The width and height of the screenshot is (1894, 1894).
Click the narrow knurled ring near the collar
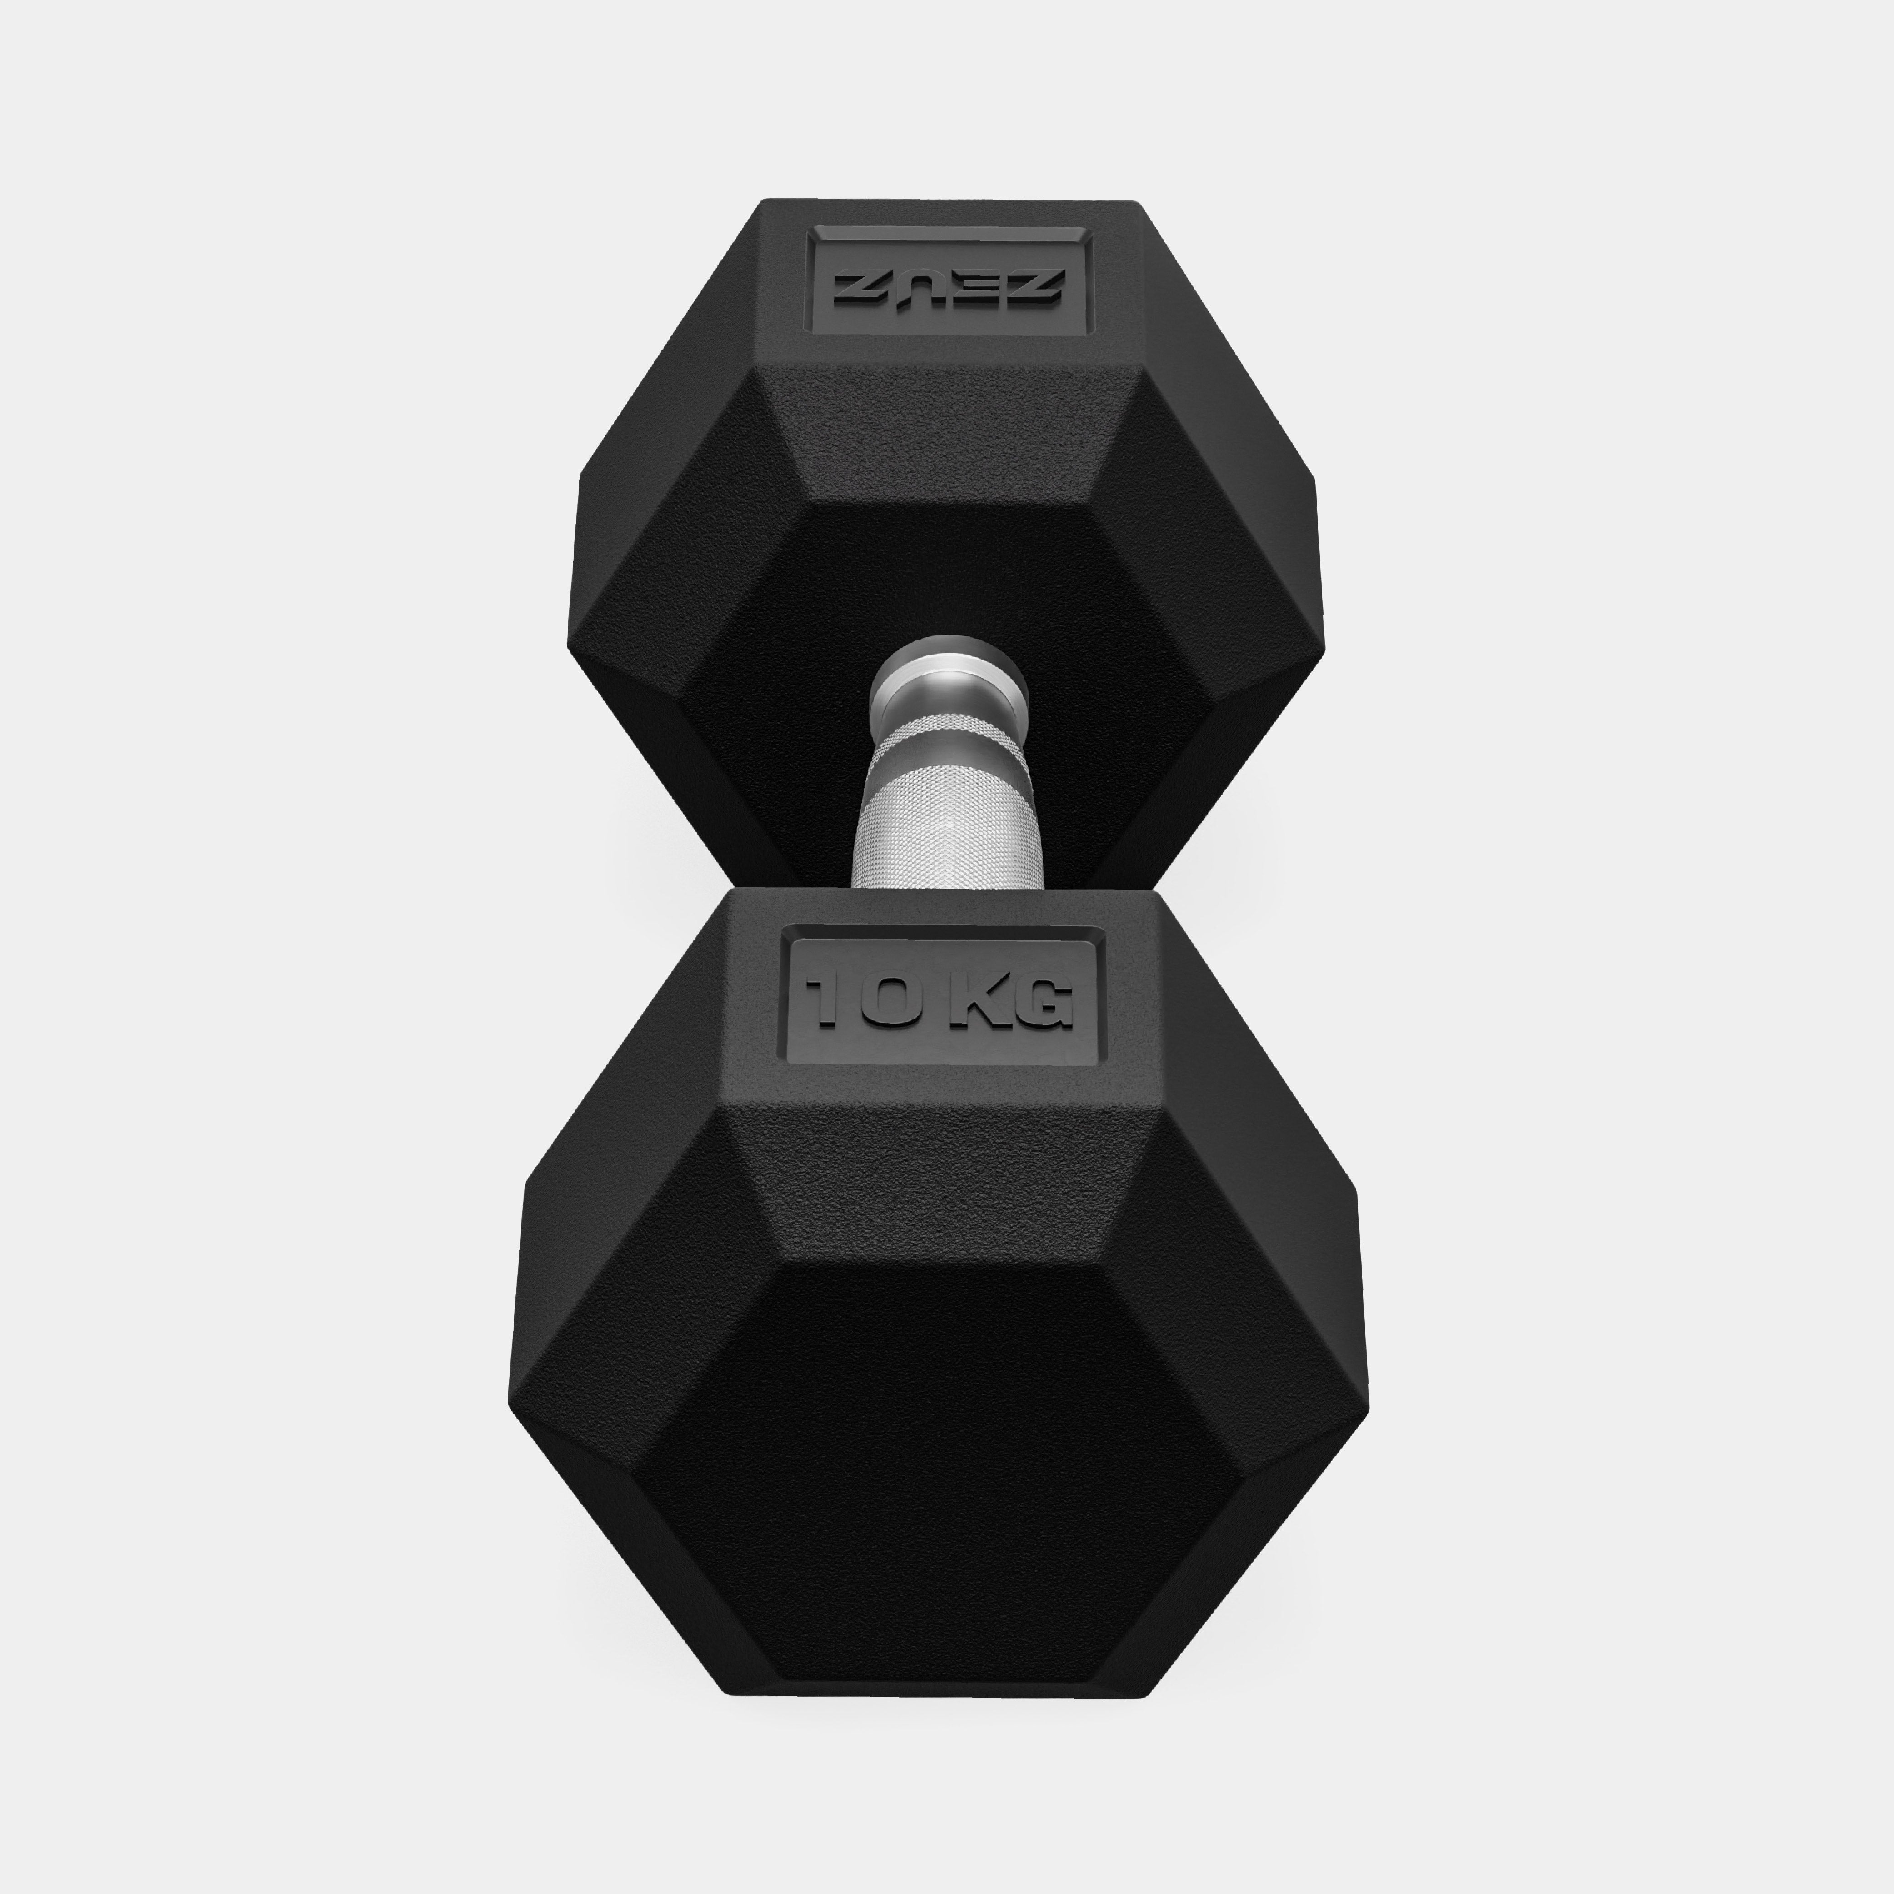[x=947, y=730]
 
